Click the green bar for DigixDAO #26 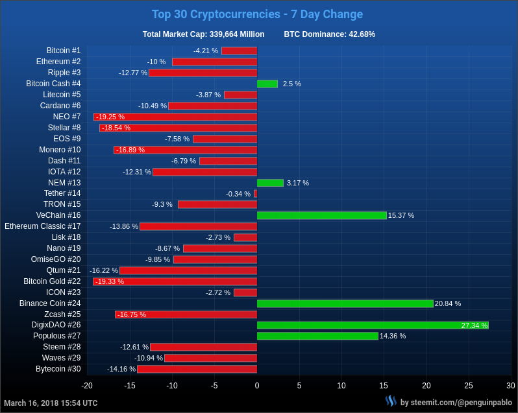coord(373,325)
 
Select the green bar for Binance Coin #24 coord(345,303)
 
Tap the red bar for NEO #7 coord(175,117)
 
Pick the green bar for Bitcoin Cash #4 coord(267,84)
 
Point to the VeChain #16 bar coord(321,215)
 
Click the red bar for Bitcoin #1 coord(239,51)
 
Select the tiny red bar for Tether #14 coord(255,194)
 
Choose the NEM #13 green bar coord(270,183)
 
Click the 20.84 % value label coord(448,303)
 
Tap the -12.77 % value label coord(133,73)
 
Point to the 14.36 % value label coord(393,336)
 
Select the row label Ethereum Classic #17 coord(43,226)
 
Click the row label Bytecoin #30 coord(58,369)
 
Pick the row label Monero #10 coord(60,150)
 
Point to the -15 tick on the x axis coord(130,386)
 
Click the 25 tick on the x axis coord(469,386)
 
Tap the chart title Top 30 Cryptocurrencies coord(257,14)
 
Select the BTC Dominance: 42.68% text coord(329,34)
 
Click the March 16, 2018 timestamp coord(51,403)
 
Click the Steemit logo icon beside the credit coord(390,401)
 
